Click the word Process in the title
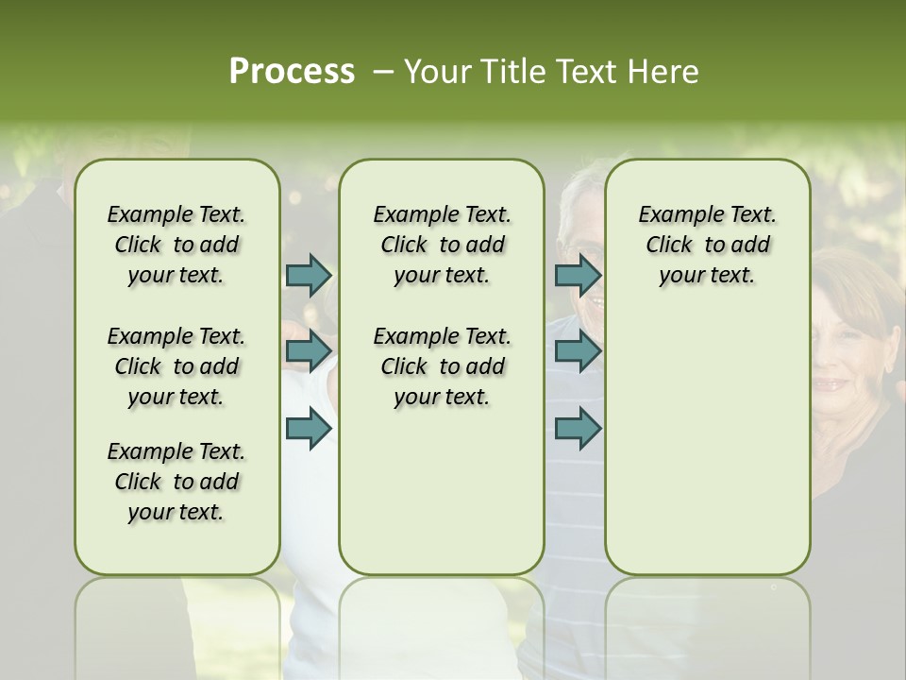(x=292, y=72)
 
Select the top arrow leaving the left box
(x=309, y=276)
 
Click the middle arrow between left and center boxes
(x=309, y=351)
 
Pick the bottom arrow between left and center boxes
(x=309, y=429)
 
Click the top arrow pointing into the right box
(x=578, y=276)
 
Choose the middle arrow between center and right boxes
(x=578, y=351)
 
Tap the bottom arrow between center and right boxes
(x=578, y=429)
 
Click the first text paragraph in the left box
(x=176, y=245)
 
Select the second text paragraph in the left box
(x=176, y=366)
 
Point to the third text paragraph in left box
(x=176, y=482)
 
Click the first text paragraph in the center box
(x=442, y=245)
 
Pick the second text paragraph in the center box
(x=442, y=366)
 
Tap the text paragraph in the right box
(x=707, y=245)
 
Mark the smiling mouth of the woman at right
(x=832, y=383)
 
